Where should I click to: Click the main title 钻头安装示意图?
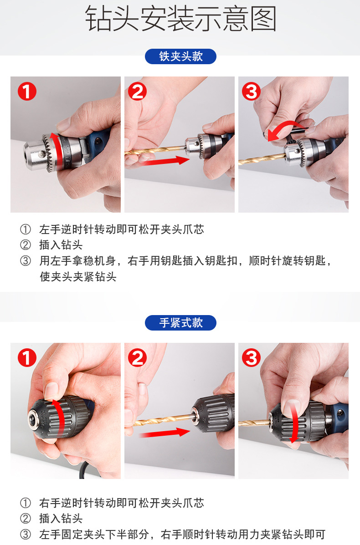coord(180,19)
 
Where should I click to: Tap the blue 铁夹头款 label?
coord(180,56)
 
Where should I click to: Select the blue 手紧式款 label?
coord(180,322)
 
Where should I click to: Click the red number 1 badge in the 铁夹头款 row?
coord(27,92)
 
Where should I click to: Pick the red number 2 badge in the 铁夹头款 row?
coord(137,92)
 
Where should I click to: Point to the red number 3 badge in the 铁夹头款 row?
coord(251,92)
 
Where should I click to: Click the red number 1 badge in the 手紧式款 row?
coord(27,358)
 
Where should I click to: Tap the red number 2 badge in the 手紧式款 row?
coord(137,358)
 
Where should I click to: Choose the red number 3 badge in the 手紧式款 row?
coord(251,358)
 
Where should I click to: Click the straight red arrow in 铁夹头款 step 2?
coord(166,161)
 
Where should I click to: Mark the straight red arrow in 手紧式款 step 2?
coord(165,433)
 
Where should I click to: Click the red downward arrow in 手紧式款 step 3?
coord(294,423)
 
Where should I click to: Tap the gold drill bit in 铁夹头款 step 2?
coord(155,151)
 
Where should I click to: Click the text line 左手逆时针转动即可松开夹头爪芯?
coord(121,229)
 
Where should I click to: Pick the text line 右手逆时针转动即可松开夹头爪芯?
coord(121,503)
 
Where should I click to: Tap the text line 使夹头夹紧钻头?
coord(78,277)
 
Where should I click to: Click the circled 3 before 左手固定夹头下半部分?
coord(26,534)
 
